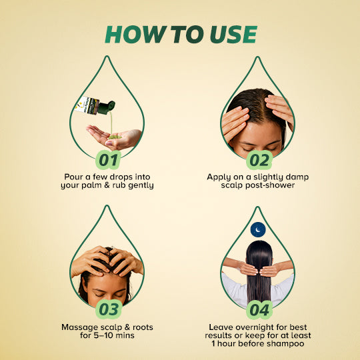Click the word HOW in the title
click(x=136, y=35)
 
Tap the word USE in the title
click(x=233, y=35)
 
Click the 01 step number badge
click(x=108, y=160)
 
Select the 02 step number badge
click(x=259, y=160)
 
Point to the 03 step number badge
click(x=109, y=309)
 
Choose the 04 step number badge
click(x=259, y=310)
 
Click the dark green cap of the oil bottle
click(x=107, y=107)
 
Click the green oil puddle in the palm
click(x=115, y=137)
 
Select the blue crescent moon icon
click(x=258, y=229)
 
